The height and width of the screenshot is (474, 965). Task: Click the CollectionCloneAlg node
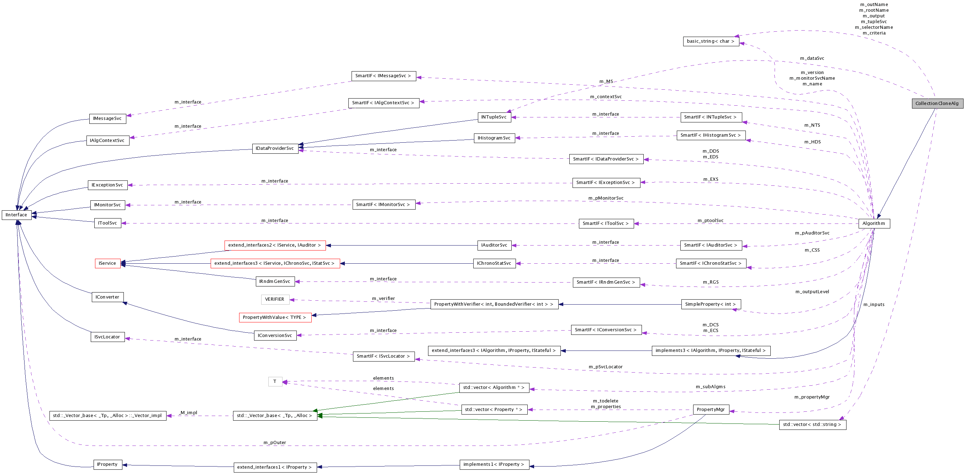tap(937, 104)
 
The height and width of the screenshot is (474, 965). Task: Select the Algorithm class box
tap(874, 223)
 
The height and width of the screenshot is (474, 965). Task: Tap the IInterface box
tap(16, 215)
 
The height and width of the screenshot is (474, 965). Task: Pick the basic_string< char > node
tap(711, 41)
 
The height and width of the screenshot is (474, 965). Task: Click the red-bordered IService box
tap(107, 263)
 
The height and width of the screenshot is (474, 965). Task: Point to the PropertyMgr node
tap(711, 410)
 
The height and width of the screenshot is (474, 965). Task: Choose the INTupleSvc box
tap(494, 117)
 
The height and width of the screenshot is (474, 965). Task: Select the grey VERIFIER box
tap(275, 299)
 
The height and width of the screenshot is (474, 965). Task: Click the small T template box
tap(275, 381)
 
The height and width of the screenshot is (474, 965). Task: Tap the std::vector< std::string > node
tap(812, 425)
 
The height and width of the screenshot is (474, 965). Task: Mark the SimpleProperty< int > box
tap(710, 304)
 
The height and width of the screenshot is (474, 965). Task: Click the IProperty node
tap(107, 464)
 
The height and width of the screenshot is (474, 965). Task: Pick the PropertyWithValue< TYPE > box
tap(275, 317)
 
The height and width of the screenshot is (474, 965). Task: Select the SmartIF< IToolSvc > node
tap(606, 223)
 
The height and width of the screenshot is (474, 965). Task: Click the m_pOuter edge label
tap(275, 443)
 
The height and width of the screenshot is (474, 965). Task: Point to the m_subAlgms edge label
tap(711, 387)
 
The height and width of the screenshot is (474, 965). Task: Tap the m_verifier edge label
tap(383, 299)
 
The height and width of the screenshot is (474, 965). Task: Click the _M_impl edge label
tap(188, 412)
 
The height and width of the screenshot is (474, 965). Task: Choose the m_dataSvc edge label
tap(812, 58)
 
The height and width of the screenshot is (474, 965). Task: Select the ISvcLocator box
tap(107, 337)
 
